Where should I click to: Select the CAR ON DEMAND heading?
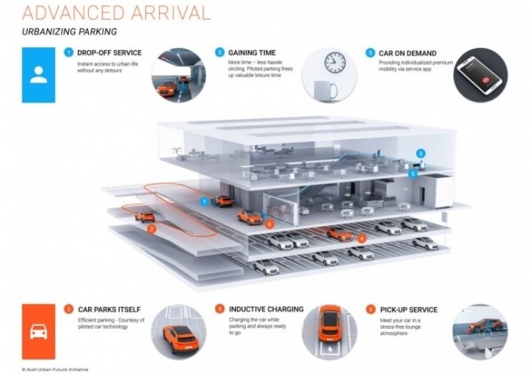[403, 53]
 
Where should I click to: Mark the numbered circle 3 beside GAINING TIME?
[220, 52]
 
